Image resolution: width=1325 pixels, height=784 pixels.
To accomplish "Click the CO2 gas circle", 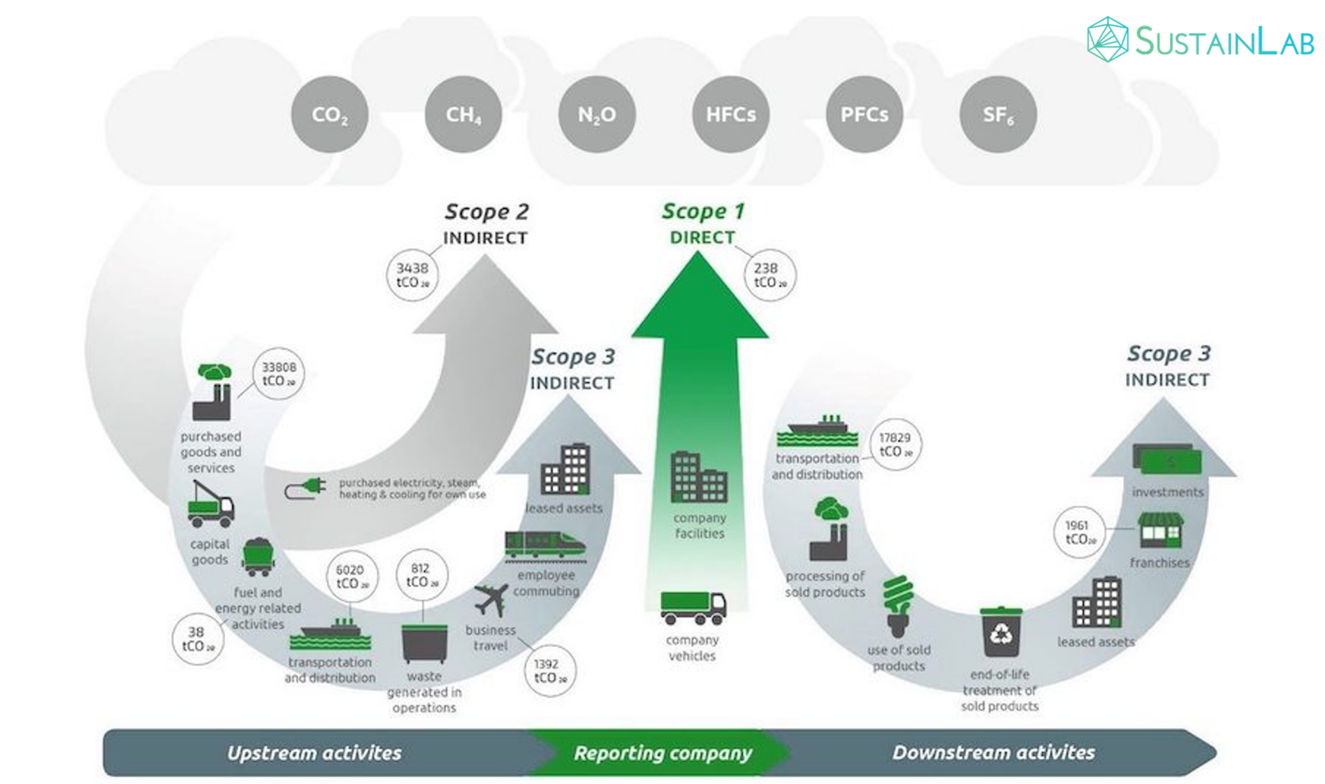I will point(329,115).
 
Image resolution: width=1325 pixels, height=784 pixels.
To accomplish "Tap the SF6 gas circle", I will point(998,115).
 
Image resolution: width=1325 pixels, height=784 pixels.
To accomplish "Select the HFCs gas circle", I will point(730,115).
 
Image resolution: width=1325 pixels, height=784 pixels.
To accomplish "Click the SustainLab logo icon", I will point(1108,40).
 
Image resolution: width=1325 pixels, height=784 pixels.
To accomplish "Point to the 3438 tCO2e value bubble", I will point(413,275).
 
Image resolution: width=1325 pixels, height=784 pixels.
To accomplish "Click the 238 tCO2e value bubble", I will point(769,275).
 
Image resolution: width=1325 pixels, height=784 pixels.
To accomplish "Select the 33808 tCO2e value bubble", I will point(278,374).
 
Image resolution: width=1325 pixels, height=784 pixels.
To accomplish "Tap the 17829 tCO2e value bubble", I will point(895,444).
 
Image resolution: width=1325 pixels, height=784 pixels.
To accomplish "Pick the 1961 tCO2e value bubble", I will point(1080,532).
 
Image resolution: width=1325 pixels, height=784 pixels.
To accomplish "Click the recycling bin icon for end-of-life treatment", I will point(1001,632).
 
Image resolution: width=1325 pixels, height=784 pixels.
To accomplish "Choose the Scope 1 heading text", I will point(703,211).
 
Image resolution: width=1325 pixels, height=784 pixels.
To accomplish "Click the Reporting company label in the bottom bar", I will point(662,753).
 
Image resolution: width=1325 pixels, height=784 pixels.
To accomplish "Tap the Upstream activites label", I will point(314,753).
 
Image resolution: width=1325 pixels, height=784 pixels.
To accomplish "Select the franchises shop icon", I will point(1160,531).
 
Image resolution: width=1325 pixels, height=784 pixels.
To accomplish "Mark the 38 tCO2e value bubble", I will point(198,639).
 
